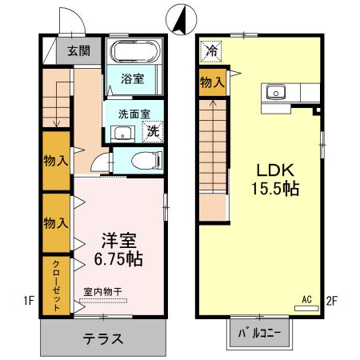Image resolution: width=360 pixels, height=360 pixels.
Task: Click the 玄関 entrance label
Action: [78, 50]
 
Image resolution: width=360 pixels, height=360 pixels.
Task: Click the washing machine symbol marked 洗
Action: [152, 131]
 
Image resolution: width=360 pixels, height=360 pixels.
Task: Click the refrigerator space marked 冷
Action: [211, 50]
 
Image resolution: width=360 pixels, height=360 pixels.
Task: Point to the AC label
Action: [306, 300]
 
